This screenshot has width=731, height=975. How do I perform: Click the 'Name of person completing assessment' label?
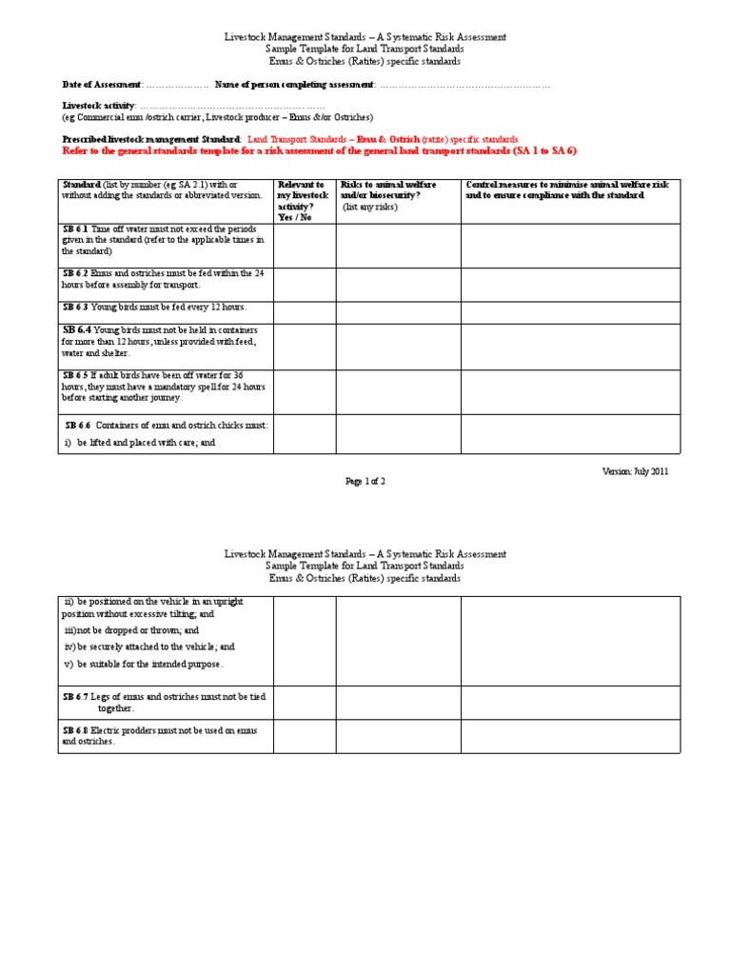click(x=294, y=85)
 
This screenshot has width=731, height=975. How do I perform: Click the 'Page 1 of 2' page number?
click(x=365, y=482)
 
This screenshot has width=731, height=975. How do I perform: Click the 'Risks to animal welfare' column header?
click(x=388, y=185)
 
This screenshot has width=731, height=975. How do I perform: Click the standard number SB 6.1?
click(x=75, y=229)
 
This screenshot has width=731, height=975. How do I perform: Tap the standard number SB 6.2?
click(x=75, y=273)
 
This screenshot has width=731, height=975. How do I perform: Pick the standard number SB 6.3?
click(x=75, y=307)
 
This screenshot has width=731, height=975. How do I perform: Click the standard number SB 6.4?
click(x=76, y=328)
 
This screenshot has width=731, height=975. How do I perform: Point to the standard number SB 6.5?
click(x=75, y=375)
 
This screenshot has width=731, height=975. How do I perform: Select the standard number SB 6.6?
click(x=78, y=425)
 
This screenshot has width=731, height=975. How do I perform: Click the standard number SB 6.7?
click(x=75, y=697)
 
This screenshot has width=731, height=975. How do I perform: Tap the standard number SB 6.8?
click(x=75, y=730)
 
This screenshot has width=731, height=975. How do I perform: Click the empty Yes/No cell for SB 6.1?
click(x=304, y=246)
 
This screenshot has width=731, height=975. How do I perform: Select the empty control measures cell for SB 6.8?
click(x=571, y=736)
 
